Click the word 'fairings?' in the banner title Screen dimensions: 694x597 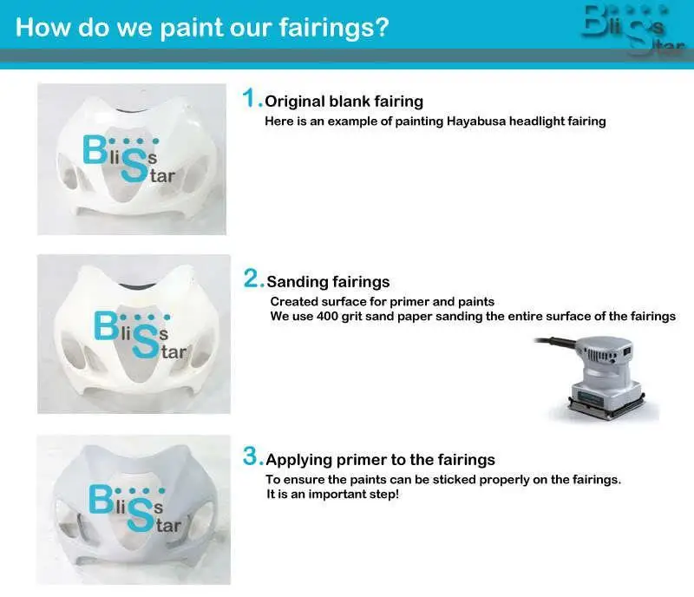334,28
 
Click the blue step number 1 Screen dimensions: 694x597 252,98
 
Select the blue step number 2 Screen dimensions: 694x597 254,279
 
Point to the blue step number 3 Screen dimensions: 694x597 253,456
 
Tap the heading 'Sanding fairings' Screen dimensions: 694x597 328,282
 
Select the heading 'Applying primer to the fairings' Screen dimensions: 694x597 381,460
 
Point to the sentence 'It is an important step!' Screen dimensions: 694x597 332,495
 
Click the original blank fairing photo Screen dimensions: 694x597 132,159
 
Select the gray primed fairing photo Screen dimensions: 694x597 134,509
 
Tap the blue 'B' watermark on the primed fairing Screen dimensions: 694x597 101,499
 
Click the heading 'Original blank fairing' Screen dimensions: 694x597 344,102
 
